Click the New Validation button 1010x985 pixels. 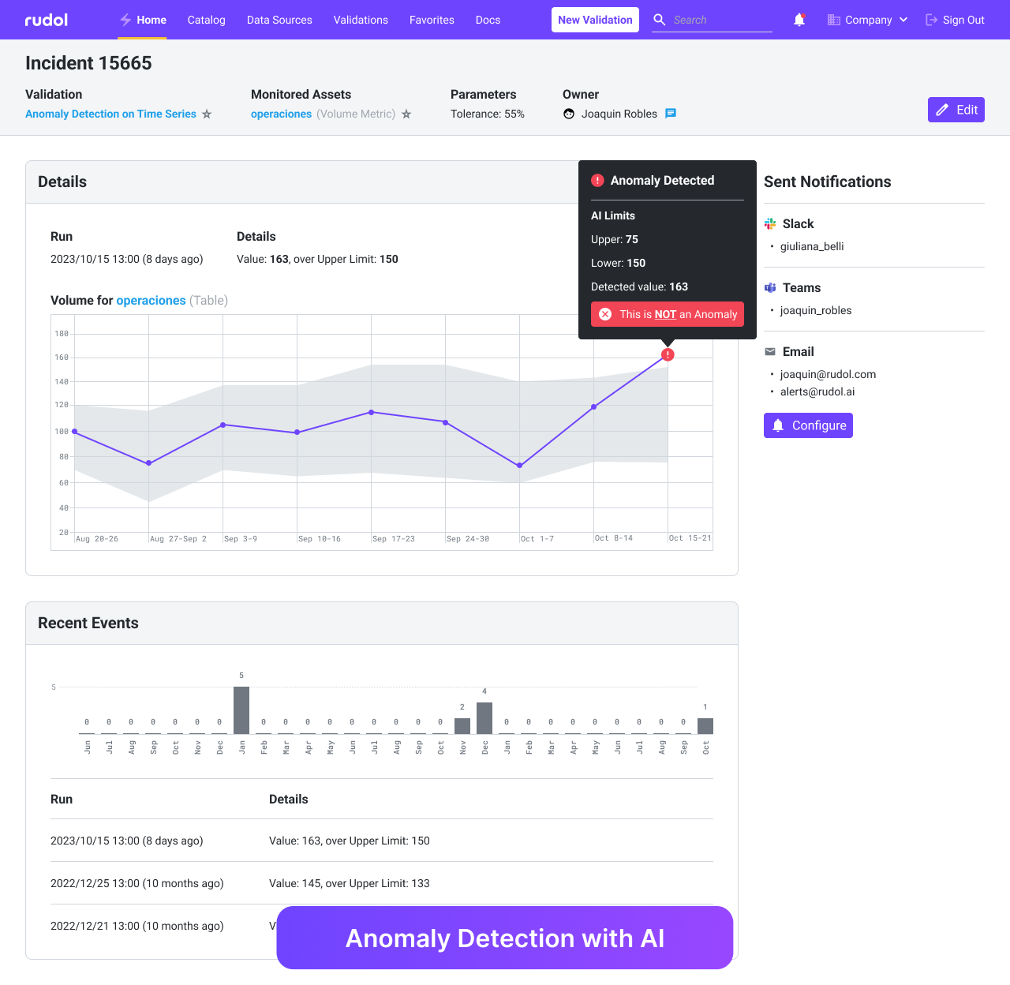click(x=595, y=20)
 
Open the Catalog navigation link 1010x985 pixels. click(x=206, y=20)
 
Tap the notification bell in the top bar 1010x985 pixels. click(x=799, y=20)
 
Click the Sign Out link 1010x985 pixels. click(x=955, y=20)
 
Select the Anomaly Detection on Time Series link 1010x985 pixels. click(x=110, y=114)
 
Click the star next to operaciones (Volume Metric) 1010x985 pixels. click(x=406, y=114)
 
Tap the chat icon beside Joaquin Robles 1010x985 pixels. click(x=671, y=114)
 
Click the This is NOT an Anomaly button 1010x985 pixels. click(x=668, y=314)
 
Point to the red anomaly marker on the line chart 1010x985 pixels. click(x=668, y=354)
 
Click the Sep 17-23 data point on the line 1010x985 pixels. click(x=372, y=412)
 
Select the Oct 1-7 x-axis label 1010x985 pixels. click(x=537, y=538)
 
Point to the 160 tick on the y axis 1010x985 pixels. click(x=62, y=358)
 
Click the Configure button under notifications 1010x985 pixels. click(x=808, y=425)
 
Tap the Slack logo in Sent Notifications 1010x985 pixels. click(x=770, y=224)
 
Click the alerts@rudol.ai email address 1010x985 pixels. click(x=817, y=391)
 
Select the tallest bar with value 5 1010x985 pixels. click(x=241, y=710)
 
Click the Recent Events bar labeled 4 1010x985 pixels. click(x=484, y=717)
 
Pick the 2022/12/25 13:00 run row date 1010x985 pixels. click(x=137, y=883)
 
